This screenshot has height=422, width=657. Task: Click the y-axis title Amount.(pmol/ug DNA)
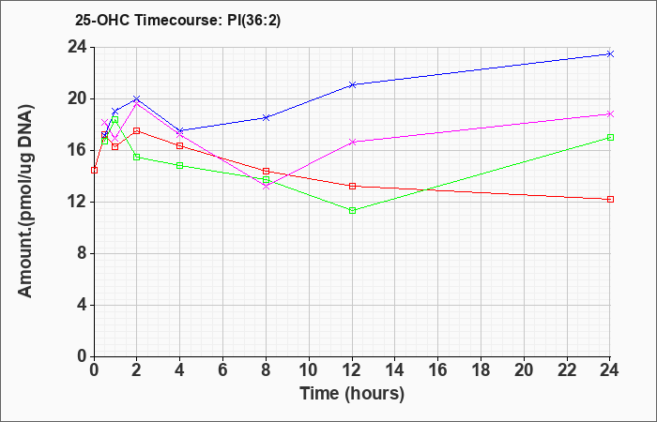point(25,202)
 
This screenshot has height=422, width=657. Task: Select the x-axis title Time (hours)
point(352,394)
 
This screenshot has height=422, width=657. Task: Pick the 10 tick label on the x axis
point(309,370)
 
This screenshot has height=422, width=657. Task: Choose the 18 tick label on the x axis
point(481,370)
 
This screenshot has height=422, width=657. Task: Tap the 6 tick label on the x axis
point(223,370)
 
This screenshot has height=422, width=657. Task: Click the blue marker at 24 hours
point(610,53)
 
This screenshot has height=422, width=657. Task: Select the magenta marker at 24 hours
point(610,113)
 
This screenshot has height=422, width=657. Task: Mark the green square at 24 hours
point(610,137)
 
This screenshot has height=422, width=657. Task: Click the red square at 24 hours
point(610,199)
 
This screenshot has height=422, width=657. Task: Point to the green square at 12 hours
point(352,211)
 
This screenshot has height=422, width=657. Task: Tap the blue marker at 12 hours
point(352,84)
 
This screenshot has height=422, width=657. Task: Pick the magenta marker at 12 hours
point(352,142)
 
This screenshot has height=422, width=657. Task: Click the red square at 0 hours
point(94,170)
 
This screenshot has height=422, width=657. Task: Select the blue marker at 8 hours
point(266,117)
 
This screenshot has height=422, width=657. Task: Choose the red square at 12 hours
point(352,186)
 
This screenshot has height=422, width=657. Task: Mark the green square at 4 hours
point(180,165)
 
